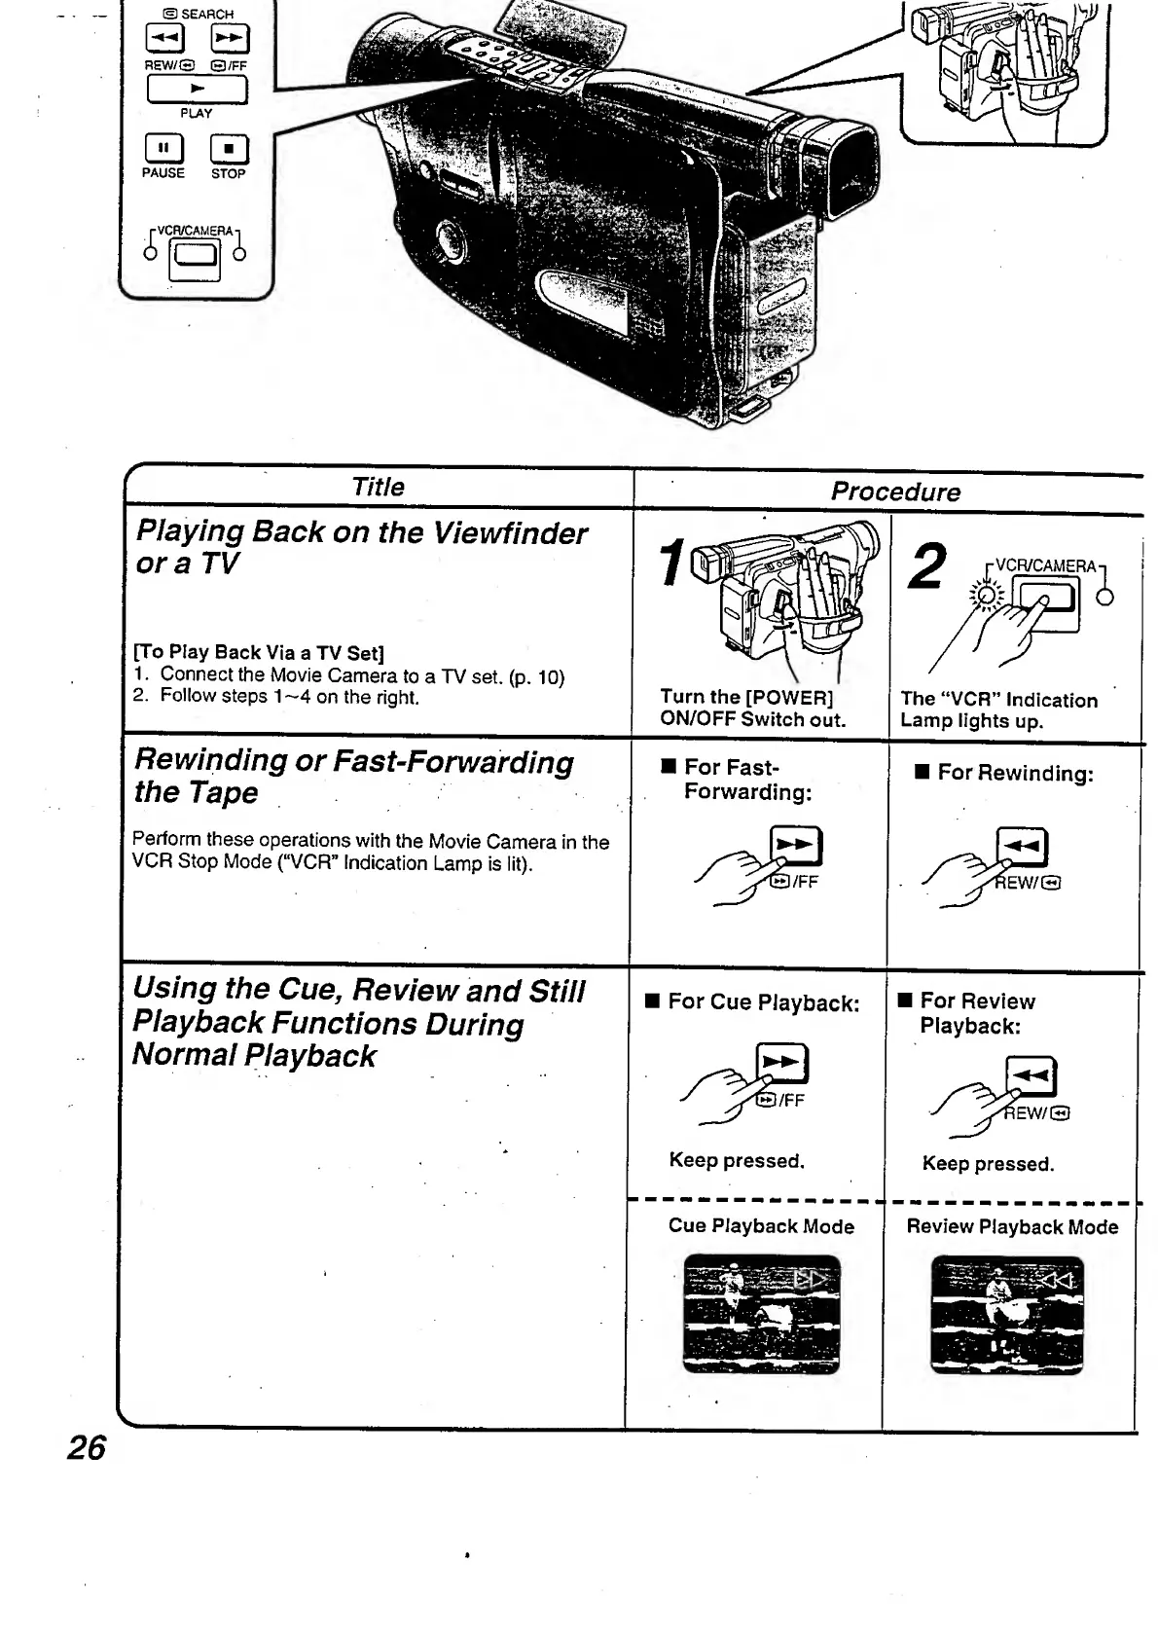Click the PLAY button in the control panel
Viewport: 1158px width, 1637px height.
(197, 89)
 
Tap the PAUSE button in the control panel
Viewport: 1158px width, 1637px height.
(163, 148)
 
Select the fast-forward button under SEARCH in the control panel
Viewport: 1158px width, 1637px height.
(231, 39)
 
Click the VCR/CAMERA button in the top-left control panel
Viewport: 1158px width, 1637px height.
(196, 256)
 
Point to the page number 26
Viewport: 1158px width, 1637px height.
(86, 1448)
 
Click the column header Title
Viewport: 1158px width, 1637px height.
(378, 487)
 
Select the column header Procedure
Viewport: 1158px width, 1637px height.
(894, 491)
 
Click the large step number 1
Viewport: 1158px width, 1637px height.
(671, 564)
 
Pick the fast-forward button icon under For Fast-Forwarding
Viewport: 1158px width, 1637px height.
(796, 845)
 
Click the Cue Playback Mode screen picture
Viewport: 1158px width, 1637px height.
(761, 1314)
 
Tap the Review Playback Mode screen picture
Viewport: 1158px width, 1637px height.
(1007, 1315)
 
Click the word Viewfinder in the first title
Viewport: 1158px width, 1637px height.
(510, 533)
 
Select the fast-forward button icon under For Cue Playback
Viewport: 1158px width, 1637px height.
(783, 1064)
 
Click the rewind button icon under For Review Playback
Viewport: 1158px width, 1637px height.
(1031, 1076)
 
